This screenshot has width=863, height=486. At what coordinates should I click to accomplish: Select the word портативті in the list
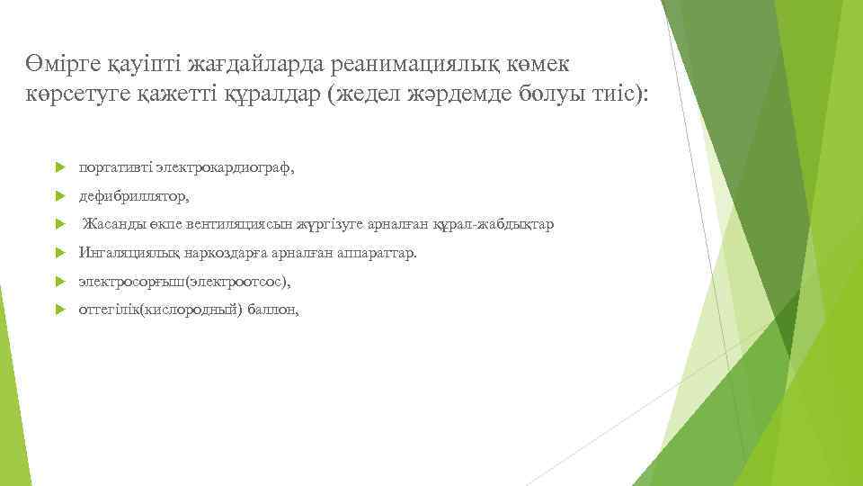pos(115,166)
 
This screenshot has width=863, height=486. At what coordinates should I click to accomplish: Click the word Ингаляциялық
pos(129,253)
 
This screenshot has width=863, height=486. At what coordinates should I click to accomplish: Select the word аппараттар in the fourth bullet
pos(377,253)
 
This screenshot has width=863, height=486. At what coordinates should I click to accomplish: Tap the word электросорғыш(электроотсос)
pos(183,282)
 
